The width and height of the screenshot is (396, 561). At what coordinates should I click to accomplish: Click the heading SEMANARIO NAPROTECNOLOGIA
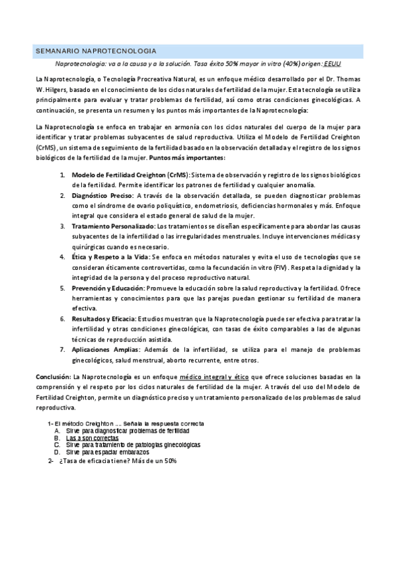pos(95,50)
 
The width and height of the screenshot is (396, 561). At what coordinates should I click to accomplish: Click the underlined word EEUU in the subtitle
pos(333,64)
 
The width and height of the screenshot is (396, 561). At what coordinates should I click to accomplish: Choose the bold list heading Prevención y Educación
pos(106,288)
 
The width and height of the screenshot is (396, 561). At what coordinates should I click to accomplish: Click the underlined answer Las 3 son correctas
pos(92,438)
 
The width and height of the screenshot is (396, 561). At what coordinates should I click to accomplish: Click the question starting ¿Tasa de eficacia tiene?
pos(118,461)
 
